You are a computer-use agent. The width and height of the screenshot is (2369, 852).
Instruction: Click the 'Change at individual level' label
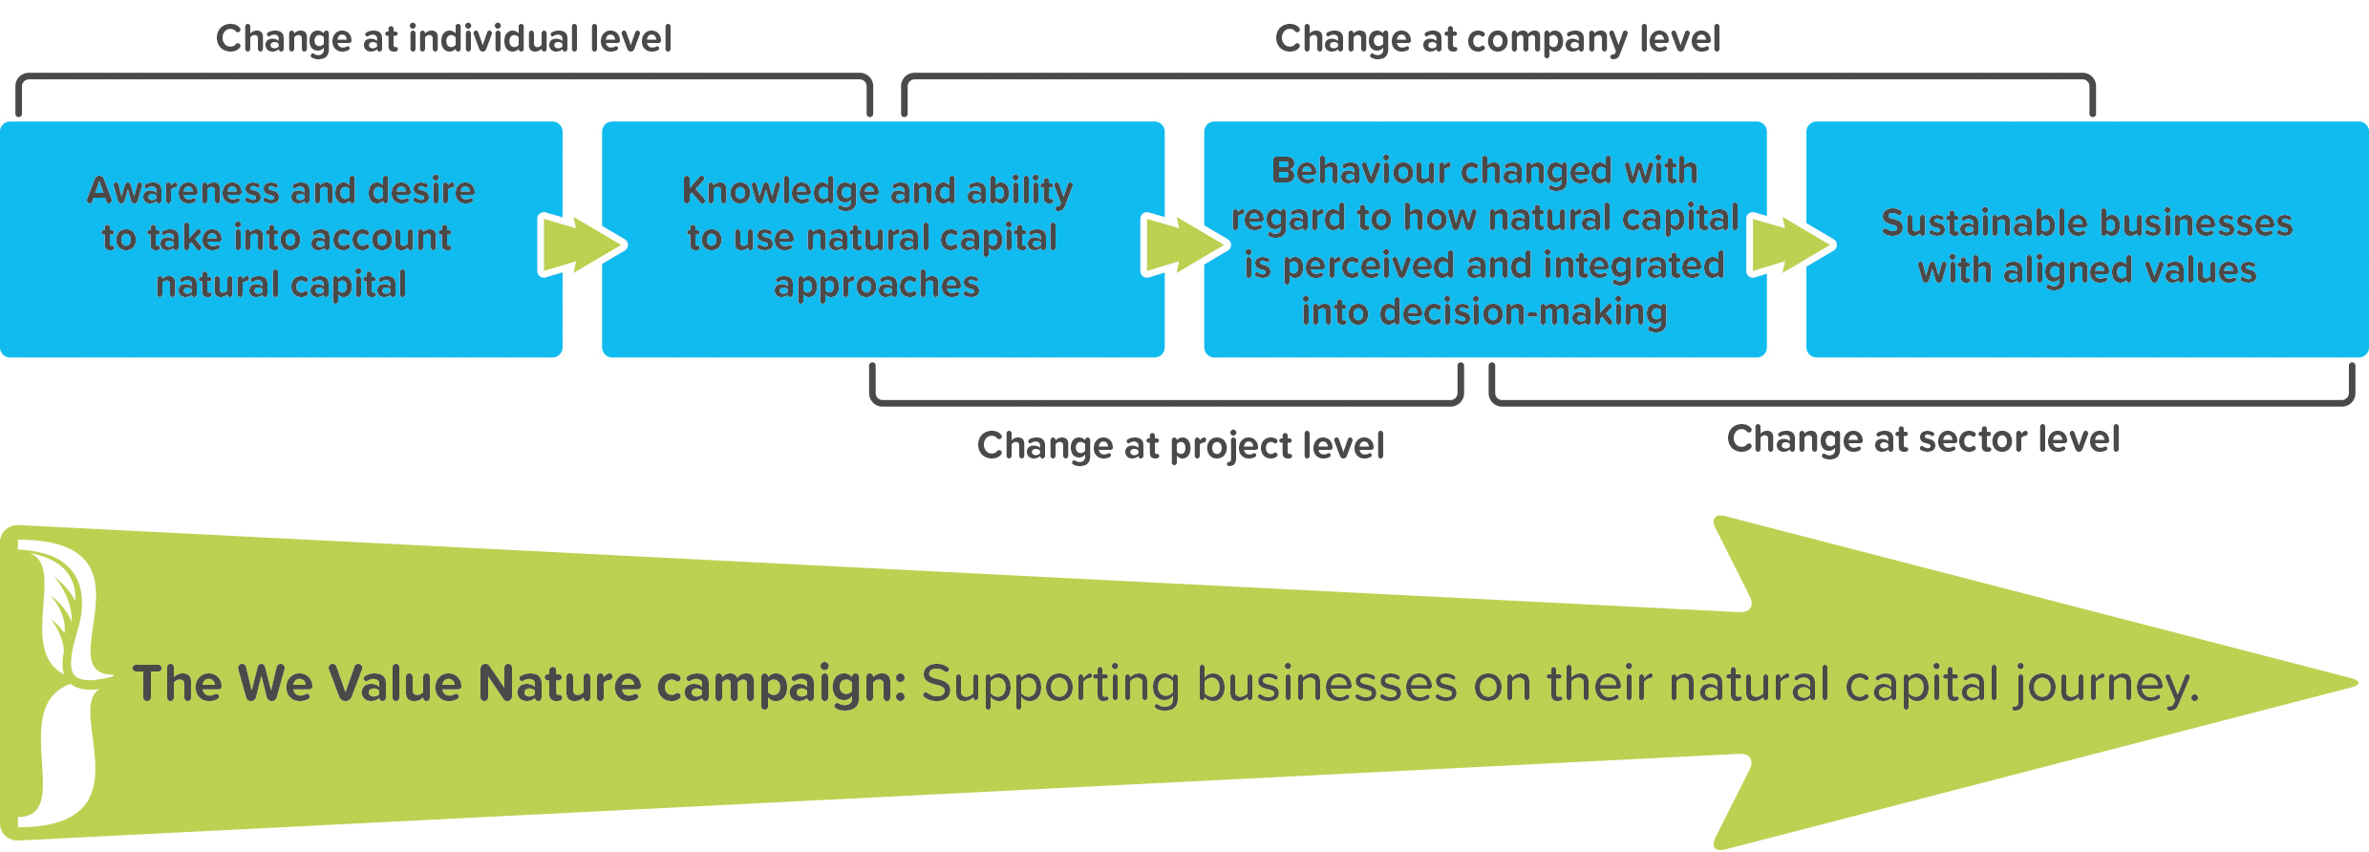(x=444, y=39)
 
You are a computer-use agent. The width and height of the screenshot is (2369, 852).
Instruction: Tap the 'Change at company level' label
(x=1498, y=39)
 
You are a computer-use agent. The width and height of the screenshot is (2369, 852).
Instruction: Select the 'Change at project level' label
(x=1181, y=446)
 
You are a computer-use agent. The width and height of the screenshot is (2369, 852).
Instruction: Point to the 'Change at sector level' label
(x=1923, y=438)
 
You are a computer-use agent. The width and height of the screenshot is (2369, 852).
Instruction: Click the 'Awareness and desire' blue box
(x=281, y=239)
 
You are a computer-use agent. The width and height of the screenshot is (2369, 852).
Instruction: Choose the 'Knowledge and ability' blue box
(x=883, y=239)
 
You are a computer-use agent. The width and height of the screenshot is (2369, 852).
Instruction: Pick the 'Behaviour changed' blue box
(x=1484, y=239)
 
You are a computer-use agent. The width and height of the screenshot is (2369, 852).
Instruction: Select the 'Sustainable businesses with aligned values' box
(x=2087, y=239)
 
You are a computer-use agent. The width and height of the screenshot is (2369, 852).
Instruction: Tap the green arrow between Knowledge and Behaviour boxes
(x=1184, y=245)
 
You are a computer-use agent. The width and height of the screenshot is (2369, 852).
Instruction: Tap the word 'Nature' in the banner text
(x=560, y=684)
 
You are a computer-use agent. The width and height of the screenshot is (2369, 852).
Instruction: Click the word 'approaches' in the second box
(x=877, y=285)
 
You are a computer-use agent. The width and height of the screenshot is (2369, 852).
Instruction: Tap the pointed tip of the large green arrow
(x=2357, y=682)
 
